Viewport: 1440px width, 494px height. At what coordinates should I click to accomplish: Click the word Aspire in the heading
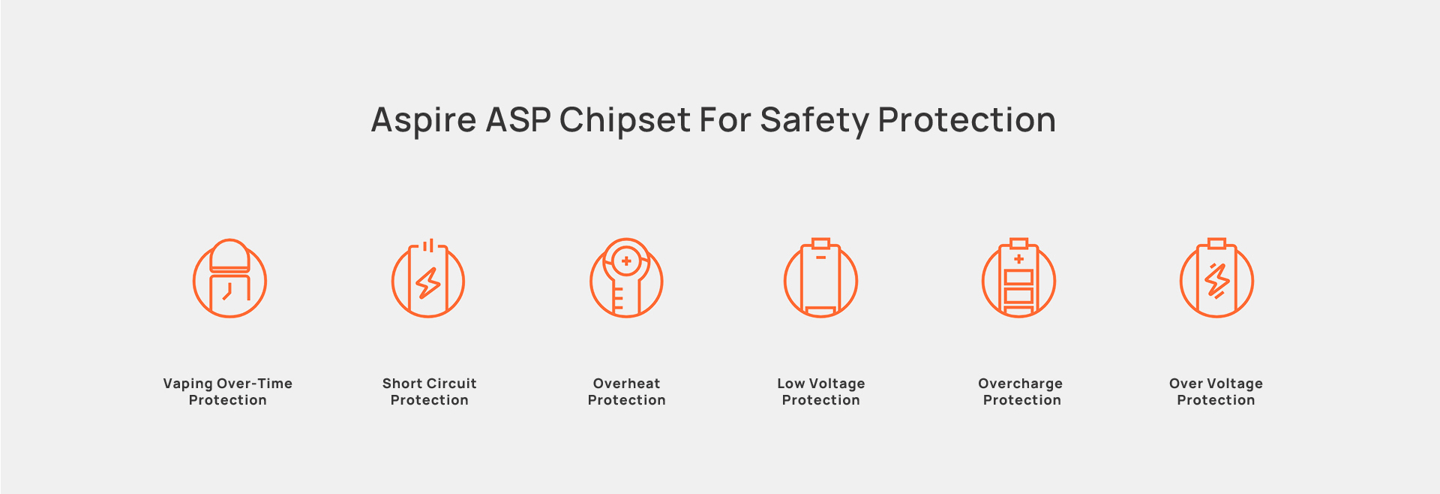coord(424,121)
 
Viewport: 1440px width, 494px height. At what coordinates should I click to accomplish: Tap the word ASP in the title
coord(518,120)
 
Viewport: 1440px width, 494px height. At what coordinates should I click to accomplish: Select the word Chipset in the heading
coord(625,121)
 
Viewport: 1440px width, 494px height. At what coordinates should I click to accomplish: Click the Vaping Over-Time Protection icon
coord(229,278)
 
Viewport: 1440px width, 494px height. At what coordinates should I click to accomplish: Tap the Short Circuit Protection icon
coord(428,279)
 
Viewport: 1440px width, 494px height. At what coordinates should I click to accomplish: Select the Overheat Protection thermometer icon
coord(626,278)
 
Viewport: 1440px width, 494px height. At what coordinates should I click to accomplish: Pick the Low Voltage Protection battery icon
coord(821,278)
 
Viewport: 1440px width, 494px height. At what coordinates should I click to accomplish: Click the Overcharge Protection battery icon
coord(1019,278)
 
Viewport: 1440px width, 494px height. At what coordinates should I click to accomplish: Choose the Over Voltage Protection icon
coord(1216,278)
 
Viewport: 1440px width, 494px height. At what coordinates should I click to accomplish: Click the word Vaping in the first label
coord(187,384)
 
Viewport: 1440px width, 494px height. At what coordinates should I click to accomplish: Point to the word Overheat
coord(627,384)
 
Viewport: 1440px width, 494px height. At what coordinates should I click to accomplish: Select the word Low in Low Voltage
coord(791,384)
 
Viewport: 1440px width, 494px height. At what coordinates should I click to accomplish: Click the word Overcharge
coord(1021,384)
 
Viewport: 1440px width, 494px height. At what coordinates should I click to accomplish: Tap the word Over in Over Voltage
coord(1186,384)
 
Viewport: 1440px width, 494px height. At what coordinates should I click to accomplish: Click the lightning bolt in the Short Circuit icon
coord(428,283)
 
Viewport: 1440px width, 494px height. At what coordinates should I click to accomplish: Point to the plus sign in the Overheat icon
coord(626,261)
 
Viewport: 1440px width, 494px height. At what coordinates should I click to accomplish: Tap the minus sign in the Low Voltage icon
coord(821,258)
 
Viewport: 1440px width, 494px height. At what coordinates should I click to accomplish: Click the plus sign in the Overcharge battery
coord(1018,259)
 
